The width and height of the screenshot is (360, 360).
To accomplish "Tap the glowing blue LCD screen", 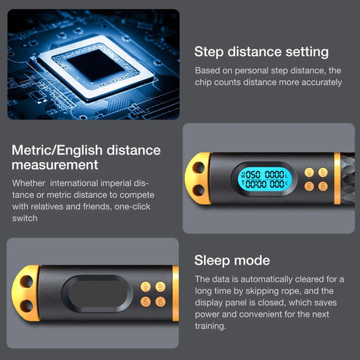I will [x=265, y=178].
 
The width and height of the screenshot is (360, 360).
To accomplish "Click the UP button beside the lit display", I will [x=309, y=172].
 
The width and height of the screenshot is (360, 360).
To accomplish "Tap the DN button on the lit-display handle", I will [x=309, y=186].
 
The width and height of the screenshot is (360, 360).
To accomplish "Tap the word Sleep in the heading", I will [x=212, y=261].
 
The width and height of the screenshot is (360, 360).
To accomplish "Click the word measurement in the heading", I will [x=55, y=165].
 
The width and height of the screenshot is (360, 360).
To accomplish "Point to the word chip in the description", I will [x=205, y=82].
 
